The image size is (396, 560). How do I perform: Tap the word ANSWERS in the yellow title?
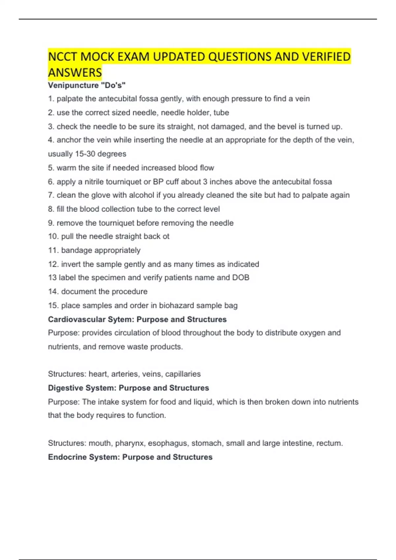[75, 72]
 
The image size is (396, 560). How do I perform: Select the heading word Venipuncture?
[73, 85]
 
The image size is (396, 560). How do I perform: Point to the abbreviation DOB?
[241, 278]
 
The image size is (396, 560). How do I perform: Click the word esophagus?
[168, 443]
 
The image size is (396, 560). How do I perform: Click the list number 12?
[53, 264]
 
